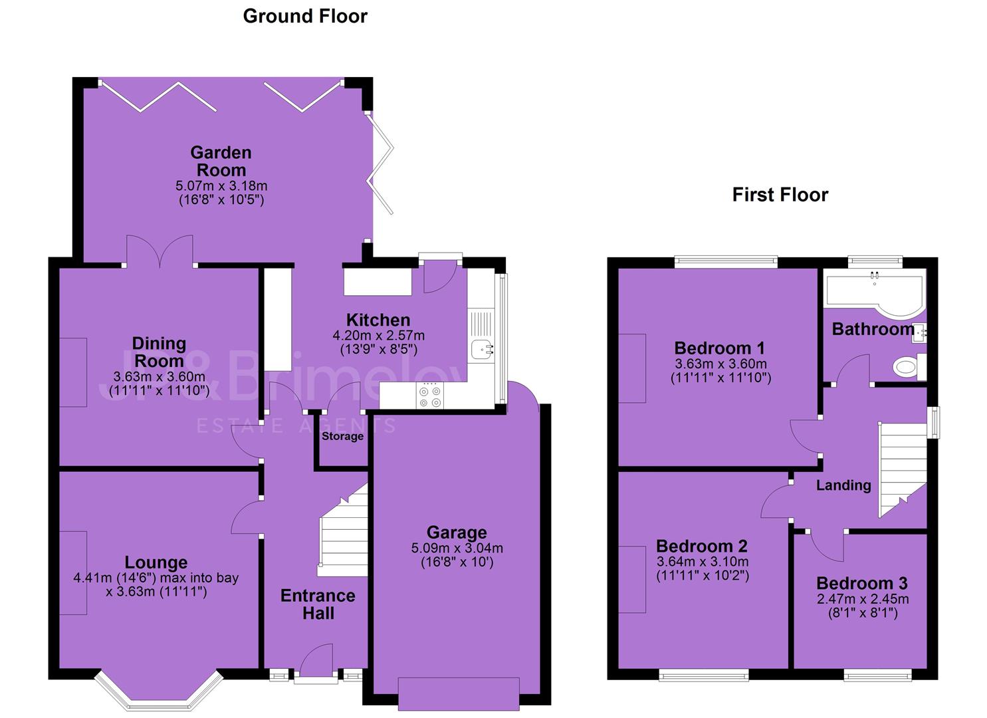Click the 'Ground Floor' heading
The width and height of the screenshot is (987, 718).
tap(305, 17)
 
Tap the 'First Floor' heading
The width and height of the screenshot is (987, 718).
tap(780, 195)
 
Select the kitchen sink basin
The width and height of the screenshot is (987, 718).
tap(483, 350)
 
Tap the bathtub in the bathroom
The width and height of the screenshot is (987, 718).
tap(874, 291)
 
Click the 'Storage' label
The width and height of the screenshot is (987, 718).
tap(342, 436)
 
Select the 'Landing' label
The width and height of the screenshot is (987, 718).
tap(843, 485)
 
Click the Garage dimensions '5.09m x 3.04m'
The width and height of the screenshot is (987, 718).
tap(457, 548)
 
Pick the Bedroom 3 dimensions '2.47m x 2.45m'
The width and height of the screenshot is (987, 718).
tap(863, 599)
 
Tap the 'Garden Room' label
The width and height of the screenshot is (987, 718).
tap(221, 162)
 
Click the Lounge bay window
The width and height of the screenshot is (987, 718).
tap(159, 692)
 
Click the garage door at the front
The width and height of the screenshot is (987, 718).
tap(459, 695)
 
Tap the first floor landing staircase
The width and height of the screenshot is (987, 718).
tap(903, 470)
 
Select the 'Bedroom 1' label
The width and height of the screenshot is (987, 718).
tap(720, 348)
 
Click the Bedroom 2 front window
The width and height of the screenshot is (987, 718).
tap(704, 675)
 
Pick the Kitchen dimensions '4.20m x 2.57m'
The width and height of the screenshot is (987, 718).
tap(378, 336)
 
